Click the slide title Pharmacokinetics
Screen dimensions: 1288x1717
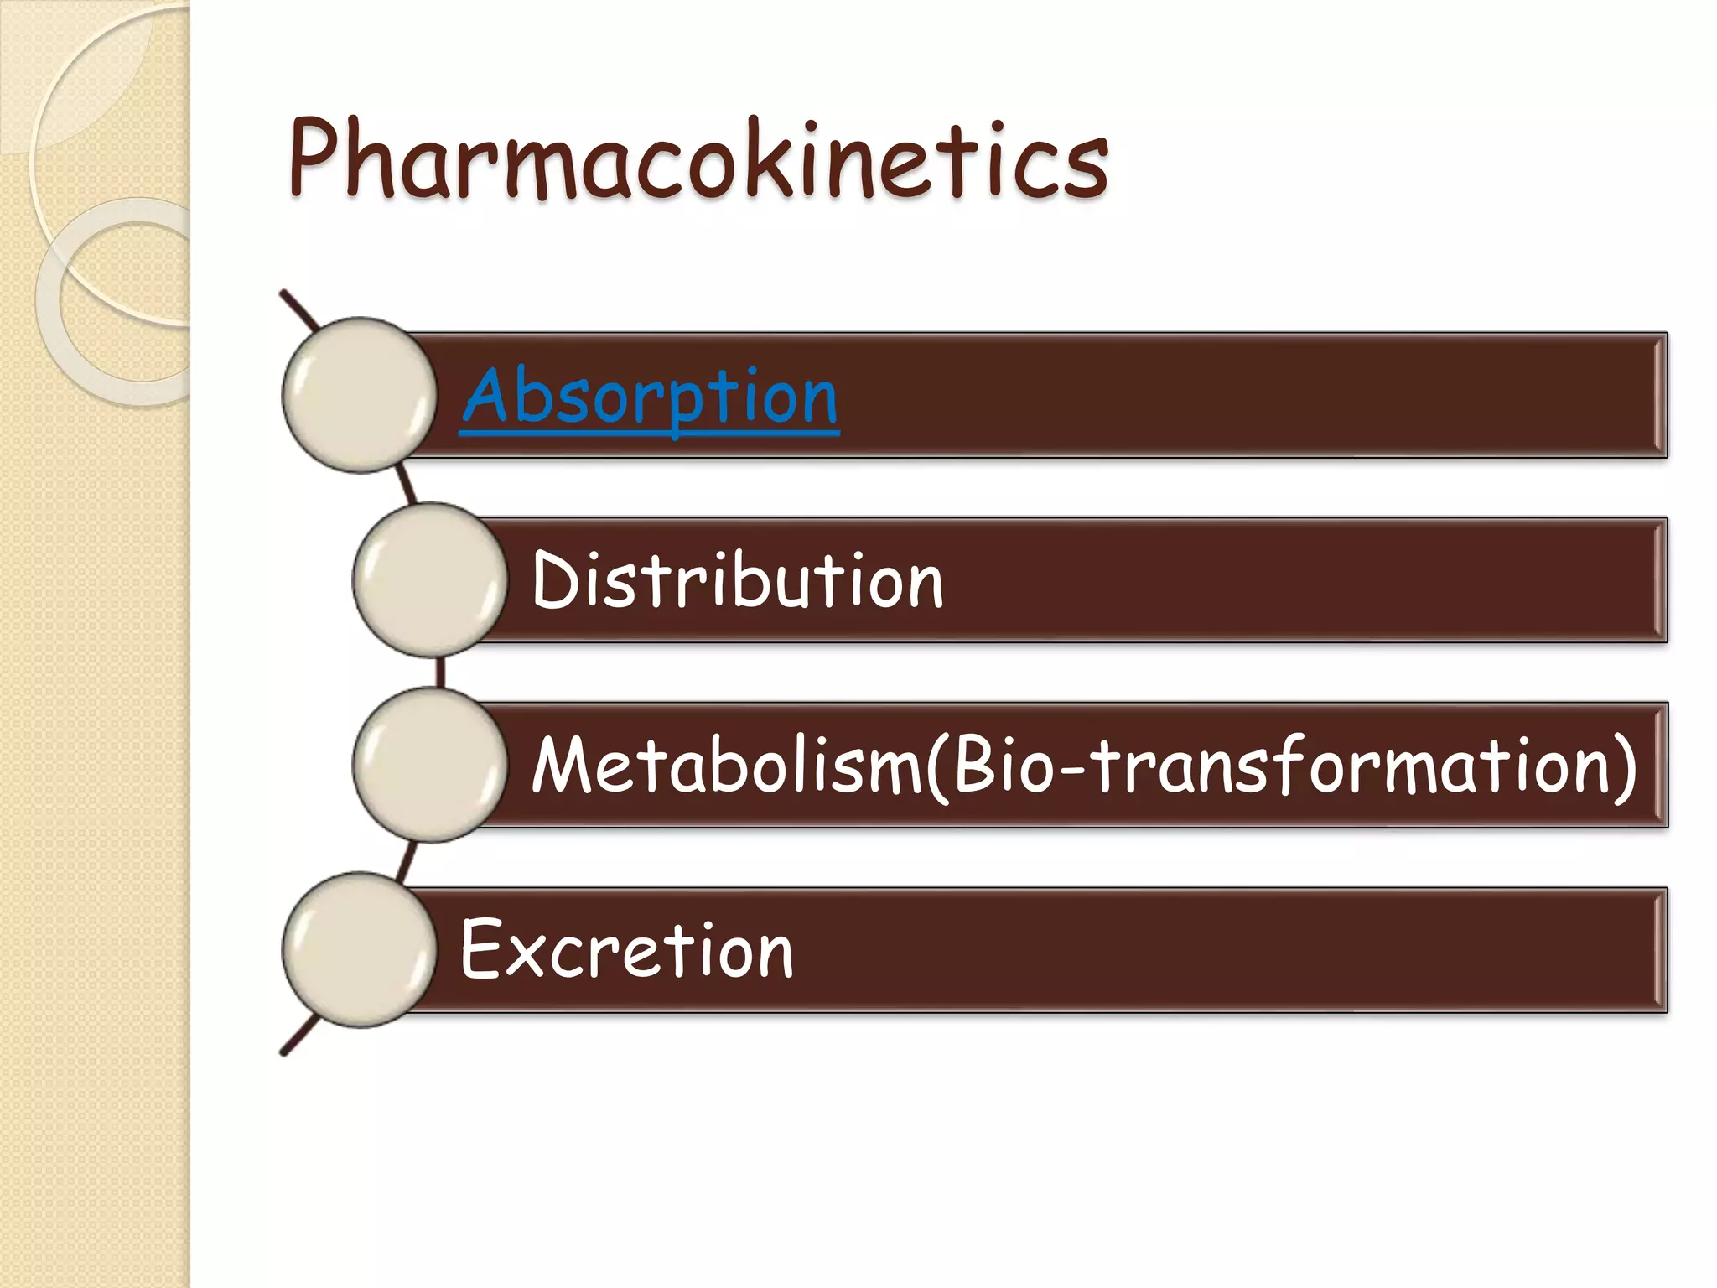pos(698,159)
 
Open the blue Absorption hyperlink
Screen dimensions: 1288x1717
pos(650,397)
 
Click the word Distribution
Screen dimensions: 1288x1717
pos(738,580)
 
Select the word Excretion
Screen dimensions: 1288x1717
pos(626,949)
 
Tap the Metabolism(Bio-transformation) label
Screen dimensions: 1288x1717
pos(1084,765)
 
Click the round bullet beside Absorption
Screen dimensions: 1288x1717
pos(359,395)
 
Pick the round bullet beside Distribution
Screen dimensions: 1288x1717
pos(429,580)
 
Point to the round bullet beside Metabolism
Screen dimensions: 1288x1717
pos(429,765)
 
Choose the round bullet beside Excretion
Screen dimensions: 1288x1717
pos(359,949)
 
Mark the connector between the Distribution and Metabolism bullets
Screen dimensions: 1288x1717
pos(440,673)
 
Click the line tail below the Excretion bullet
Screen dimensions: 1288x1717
pos(299,1037)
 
